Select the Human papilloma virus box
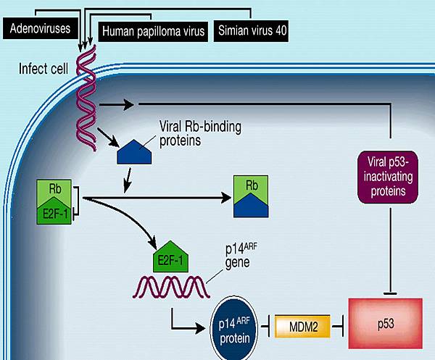click(153, 31)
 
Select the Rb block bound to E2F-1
click(55, 188)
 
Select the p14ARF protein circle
click(237, 323)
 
